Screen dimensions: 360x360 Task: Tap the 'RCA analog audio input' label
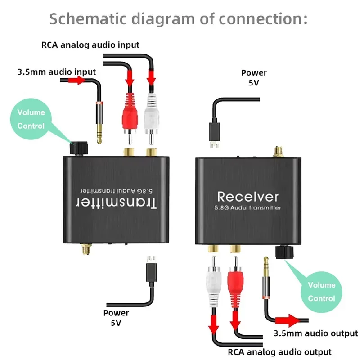(x=90, y=45)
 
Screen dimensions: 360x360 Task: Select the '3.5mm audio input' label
(x=56, y=72)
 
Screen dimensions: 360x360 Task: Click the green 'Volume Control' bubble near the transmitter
(x=31, y=119)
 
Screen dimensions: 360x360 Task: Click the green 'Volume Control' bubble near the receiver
(x=321, y=291)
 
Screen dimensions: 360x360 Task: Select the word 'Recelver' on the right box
(x=247, y=196)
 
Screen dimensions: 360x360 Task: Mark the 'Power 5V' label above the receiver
(x=254, y=77)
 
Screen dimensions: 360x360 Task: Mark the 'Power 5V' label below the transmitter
(x=116, y=317)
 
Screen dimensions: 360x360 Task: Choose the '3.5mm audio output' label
(x=315, y=333)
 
